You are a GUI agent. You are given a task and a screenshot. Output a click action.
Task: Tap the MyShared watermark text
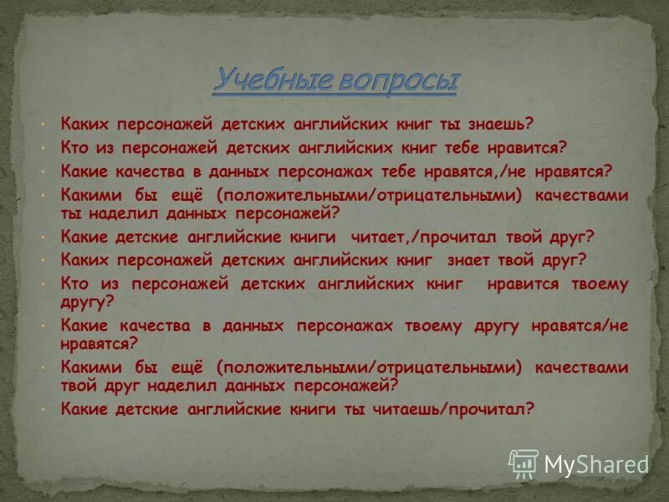tap(596, 464)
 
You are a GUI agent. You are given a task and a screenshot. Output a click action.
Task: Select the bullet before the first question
tap(43, 125)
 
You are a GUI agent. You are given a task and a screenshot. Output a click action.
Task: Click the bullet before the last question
tap(43, 409)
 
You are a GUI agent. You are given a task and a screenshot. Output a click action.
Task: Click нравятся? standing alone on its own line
tap(100, 342)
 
